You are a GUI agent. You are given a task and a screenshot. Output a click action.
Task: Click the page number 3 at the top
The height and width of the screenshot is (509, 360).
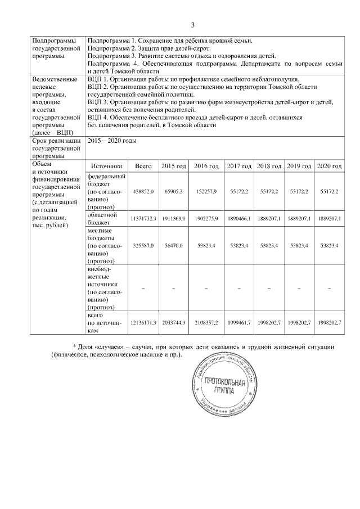click(x=192, y=25)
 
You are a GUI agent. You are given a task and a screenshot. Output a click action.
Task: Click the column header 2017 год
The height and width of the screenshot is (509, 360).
click(x=239, y=166)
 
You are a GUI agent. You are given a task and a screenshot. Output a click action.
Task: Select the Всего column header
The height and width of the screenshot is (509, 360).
click(x=144, y=166)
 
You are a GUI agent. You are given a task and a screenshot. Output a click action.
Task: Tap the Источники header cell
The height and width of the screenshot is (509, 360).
click(x=106, y=166)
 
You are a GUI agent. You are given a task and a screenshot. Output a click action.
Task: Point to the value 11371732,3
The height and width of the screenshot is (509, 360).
click(x=144, y=218)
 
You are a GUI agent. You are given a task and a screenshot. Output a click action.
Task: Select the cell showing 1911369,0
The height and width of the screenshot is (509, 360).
click(x=174, y=218)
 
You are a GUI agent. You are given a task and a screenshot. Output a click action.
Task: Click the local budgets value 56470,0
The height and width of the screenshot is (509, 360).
click(x=174, y=245)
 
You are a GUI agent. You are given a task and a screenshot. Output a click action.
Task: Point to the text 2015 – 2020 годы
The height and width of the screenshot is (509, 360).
click(x=112, y=141)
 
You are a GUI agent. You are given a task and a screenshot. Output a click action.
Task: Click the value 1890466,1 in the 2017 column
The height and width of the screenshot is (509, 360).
click(x=239, y=218)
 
